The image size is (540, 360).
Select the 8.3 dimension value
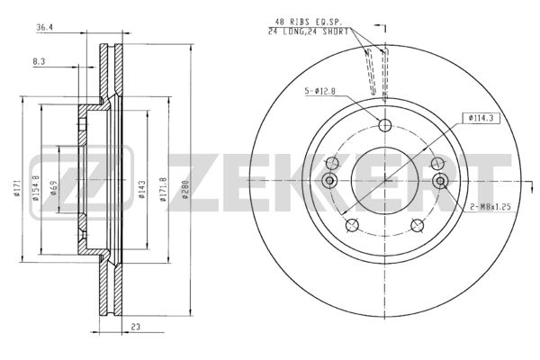(39, 62)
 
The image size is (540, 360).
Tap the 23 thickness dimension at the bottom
(136, 327)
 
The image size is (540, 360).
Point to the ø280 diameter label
(185, 189)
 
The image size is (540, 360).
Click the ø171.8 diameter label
(163, 189)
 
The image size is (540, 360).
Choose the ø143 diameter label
(142, 190)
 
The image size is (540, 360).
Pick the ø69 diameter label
(54, 188)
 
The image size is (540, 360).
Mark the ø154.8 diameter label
(35, 188)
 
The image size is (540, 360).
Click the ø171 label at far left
(16, 188)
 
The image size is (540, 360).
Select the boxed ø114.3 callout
(481, 118)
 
